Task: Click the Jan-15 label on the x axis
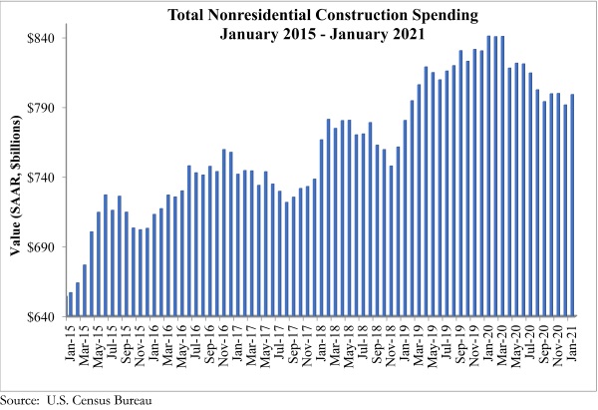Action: (71, 342)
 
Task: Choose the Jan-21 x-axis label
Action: (573, 342)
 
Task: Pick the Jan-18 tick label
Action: (322, 342)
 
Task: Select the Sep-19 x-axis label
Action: (461, 342)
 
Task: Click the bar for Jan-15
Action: (71, 304)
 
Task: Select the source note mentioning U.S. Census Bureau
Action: (76, 400)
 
